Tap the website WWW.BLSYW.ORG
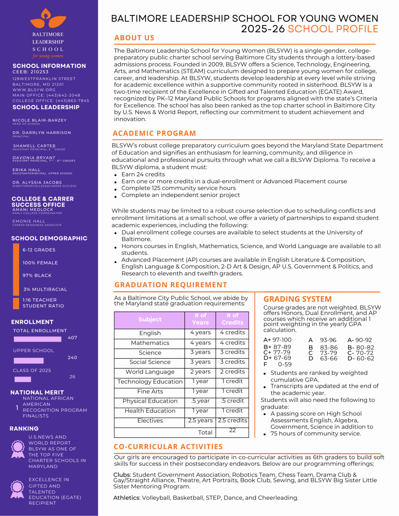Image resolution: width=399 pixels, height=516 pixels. click(x=34, y=90)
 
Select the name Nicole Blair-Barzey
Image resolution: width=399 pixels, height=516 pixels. click(x=40, y=120)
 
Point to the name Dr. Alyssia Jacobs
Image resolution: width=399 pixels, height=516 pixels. click(x=37, y=182)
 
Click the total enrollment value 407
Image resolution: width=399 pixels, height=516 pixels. click(x=72, y=338)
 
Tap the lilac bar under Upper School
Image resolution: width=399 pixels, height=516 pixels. click(x=28, y=360)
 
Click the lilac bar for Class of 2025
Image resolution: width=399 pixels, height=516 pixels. click(x=23, y=379)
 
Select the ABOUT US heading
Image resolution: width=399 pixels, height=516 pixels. click(x=134, y=38)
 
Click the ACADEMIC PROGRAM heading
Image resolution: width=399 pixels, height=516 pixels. click(x=154, y=133)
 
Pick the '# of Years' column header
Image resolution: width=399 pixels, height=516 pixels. click(x=200, y=319)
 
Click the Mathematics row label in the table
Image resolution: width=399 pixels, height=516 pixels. click(x=150, y=343)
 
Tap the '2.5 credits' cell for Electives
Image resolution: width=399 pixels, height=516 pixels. click(x=232, y=420)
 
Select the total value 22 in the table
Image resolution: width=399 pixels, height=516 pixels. click(x=232, y=430)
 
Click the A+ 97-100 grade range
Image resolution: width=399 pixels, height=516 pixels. click(x=277, y=340)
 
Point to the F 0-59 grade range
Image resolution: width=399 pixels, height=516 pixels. click(x=277, y=364)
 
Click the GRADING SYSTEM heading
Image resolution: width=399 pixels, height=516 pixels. click(x=297, y=299)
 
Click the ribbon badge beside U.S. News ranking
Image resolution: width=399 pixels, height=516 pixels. click(x=18, y=449)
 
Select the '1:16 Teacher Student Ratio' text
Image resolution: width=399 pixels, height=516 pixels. click(x=43, y=303)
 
